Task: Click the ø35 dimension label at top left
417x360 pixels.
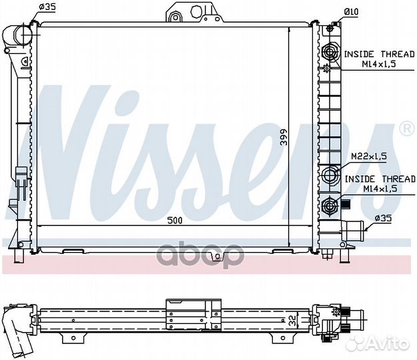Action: [x=47, y=7]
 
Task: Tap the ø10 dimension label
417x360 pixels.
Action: [x=352, y=12]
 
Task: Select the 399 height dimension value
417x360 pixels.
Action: [x=284, y=137]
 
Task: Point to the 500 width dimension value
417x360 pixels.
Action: [x=175, y=220]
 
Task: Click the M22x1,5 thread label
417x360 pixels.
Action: [x=369, y=157]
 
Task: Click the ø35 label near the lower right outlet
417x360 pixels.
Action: [x=383, y=219]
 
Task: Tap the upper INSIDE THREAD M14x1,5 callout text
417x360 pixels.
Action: [x=379, y=59]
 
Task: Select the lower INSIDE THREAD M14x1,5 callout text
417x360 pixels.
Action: [x=380, y=183]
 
